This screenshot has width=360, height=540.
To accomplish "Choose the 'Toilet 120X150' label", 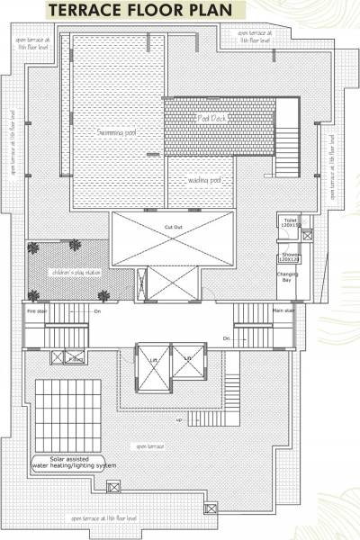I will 290,221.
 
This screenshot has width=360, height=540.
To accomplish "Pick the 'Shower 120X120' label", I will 289,256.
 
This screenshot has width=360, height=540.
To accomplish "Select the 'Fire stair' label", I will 36,310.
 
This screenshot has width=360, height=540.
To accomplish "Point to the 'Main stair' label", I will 283,310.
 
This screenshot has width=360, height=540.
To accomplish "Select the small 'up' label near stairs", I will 178,420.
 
